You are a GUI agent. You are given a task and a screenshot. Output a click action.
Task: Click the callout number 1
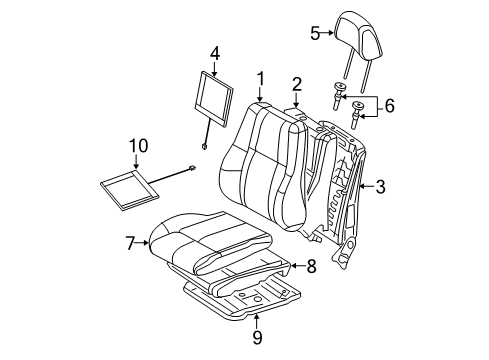coord(260,79)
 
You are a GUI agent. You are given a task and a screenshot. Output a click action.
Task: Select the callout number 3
coord(381,185)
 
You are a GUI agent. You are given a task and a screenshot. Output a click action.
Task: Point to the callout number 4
coord(214,51)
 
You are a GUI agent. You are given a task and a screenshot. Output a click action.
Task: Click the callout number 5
coord(315,33)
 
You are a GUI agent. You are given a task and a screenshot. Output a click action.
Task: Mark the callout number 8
coord(310,265)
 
